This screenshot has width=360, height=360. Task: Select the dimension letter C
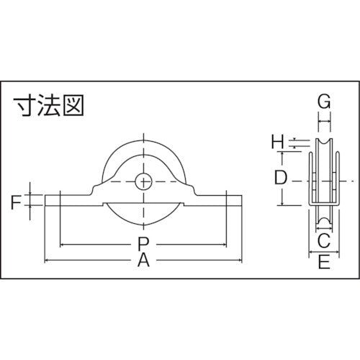click(323, 239)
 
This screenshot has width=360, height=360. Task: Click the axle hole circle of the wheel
click(144, 181)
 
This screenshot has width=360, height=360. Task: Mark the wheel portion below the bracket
click(144, 216)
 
